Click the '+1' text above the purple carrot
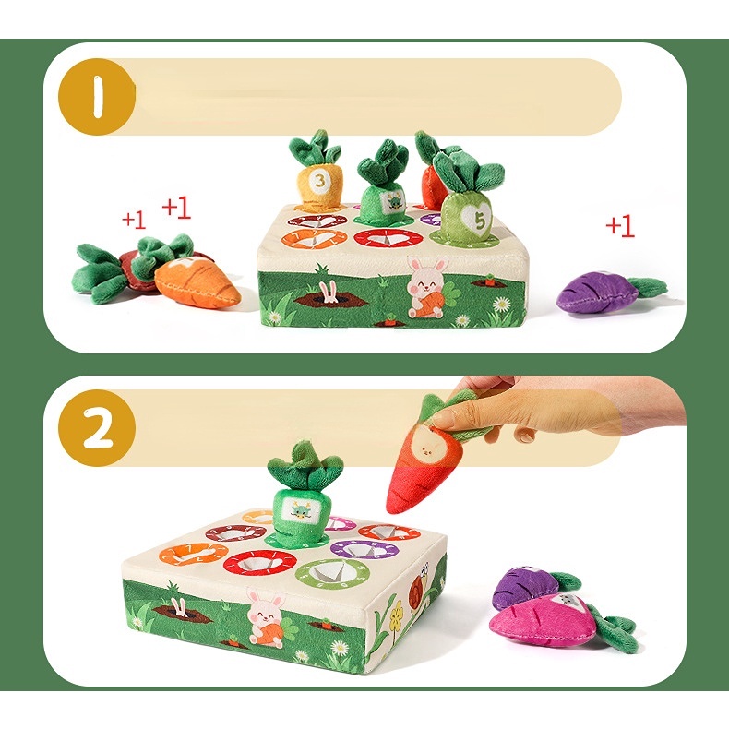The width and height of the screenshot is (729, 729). pyautogui.click(x=620, y=226)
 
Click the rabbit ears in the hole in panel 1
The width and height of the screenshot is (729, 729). pyautogui.click(x=327, y=293)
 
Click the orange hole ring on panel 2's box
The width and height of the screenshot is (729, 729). pyautogui.click(x=194, y=556)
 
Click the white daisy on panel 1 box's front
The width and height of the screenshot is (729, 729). pyautogui.click(x=502, y=304)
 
